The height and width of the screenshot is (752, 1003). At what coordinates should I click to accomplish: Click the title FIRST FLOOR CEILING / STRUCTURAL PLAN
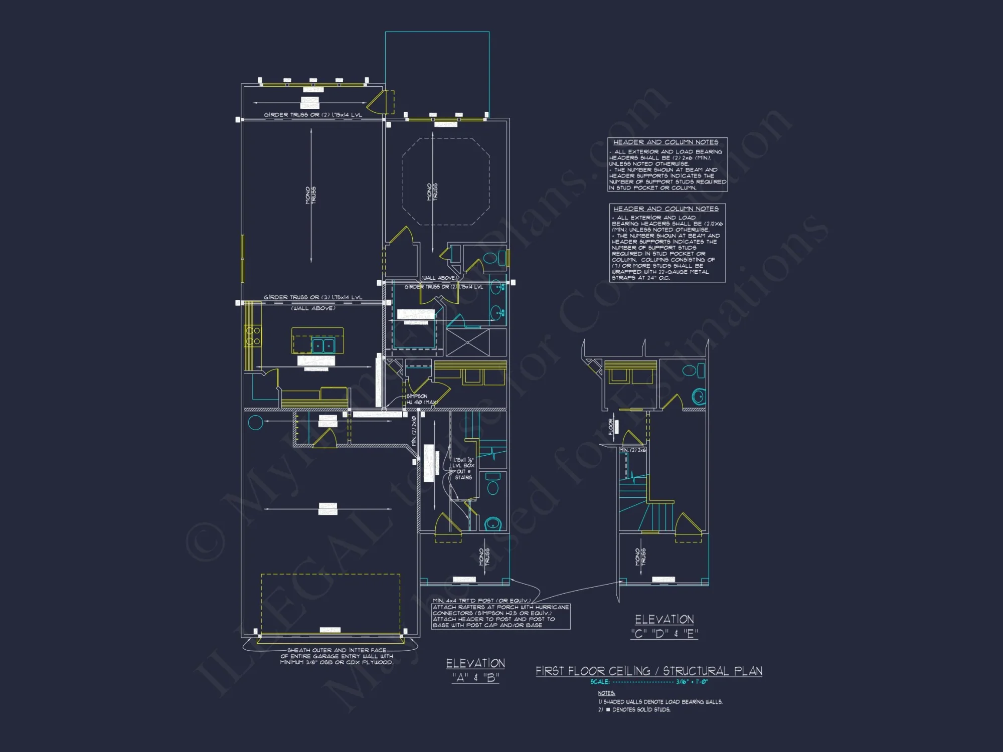tap(648, 671)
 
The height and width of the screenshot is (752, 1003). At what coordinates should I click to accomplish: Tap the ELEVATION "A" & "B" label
tap(475, 670)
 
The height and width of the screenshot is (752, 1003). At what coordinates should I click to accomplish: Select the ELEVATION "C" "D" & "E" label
tap(664, 626)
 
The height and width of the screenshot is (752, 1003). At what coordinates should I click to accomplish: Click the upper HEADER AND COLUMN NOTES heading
tap(665, 142)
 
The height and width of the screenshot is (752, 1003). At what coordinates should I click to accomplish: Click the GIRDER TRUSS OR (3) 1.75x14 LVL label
tap(313, 297)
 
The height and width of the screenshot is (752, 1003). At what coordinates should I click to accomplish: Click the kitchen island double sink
tap(323, 345)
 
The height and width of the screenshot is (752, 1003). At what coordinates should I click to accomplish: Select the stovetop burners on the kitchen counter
tap(253, 336)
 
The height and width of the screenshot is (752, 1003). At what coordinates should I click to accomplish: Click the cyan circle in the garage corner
tap(255, 423)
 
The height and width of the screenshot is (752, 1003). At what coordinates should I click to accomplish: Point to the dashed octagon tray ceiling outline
tap(446, 181)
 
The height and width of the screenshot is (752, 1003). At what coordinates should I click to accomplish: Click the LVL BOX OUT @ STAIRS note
tap(463, 469)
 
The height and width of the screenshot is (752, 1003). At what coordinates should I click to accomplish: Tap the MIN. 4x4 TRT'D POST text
tap(481, 601)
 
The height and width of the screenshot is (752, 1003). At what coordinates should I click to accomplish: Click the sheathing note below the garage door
tap(337, 656)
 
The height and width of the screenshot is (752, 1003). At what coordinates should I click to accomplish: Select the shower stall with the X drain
tap(467, 342)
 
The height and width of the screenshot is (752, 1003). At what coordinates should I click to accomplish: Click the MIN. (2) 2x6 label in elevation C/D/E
tap(632, 450)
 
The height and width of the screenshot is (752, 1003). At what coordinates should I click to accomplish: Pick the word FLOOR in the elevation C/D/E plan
tap(611, 427)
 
